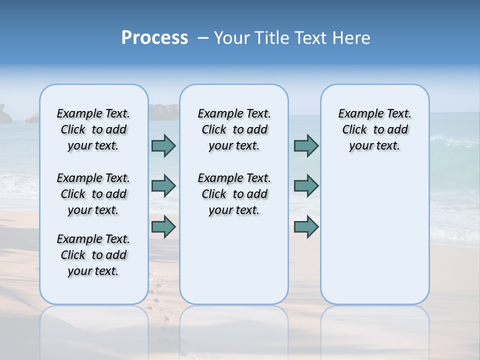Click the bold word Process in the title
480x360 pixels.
tap(154, 38)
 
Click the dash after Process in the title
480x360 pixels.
tap(203, 38)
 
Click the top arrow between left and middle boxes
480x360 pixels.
tap(163, 145)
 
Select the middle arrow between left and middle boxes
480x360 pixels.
tap(163, 186)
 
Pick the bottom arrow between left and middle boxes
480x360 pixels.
tap(163, 226)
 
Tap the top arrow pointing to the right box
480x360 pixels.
tap(306, 145)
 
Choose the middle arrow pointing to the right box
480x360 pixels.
tap(306, 186)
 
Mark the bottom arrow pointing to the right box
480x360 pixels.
tap(306, 226)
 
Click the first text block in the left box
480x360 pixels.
tap(93, 129)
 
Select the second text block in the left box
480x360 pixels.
tap(93, 194)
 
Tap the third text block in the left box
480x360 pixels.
tap(93, 255)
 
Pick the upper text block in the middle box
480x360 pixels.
tap(234, 129)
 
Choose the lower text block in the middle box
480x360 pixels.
tap(234, 194)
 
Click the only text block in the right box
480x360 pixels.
tap(374, 129)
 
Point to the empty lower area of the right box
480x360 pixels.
tap(374, 235)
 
